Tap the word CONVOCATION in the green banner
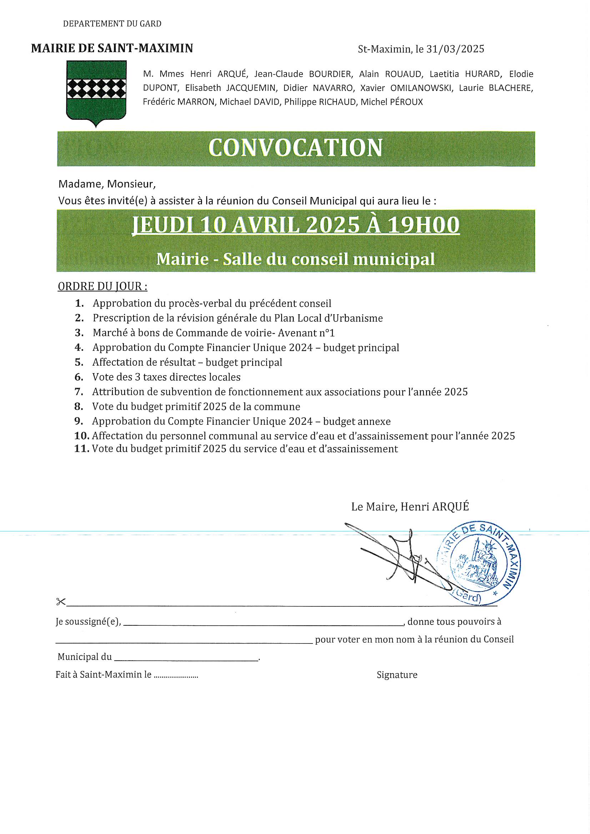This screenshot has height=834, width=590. click(x=295, y=148)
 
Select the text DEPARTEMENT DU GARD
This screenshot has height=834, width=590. click(x=112, y=24)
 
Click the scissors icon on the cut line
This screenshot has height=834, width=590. click(x=61, y=602)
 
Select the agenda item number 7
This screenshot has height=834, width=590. click(x=79, y=392)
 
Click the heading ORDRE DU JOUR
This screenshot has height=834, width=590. click(x=102, y=286)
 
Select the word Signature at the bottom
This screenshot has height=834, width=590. click(x=397, y=675)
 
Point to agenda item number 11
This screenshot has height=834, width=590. click(x=81, y=449)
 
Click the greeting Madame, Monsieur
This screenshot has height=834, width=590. click(x=107, y=184)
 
